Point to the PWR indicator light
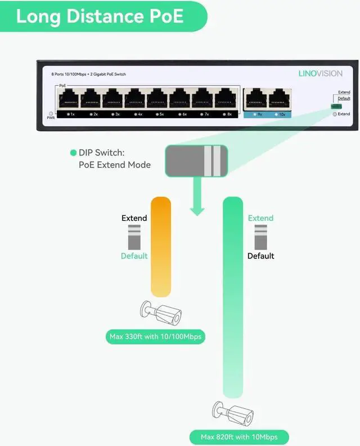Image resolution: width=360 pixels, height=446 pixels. pyautogui.click(x=50, y=113)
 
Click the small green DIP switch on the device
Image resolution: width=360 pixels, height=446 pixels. pyautogui.click(x=336, y=106)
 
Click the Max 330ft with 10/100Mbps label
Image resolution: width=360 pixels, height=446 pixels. pyautogui.click(x=155, y=337)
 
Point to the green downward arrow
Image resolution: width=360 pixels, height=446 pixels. pyautogui.click(x=196, y=197)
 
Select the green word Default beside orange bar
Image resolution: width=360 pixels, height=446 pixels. pyautogui.click(x=134, y=256)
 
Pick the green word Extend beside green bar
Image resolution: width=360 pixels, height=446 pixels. pyautogui.click(x=260, y=218)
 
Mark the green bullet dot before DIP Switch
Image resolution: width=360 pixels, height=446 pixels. pyautogui.click(x=73, y=153)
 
